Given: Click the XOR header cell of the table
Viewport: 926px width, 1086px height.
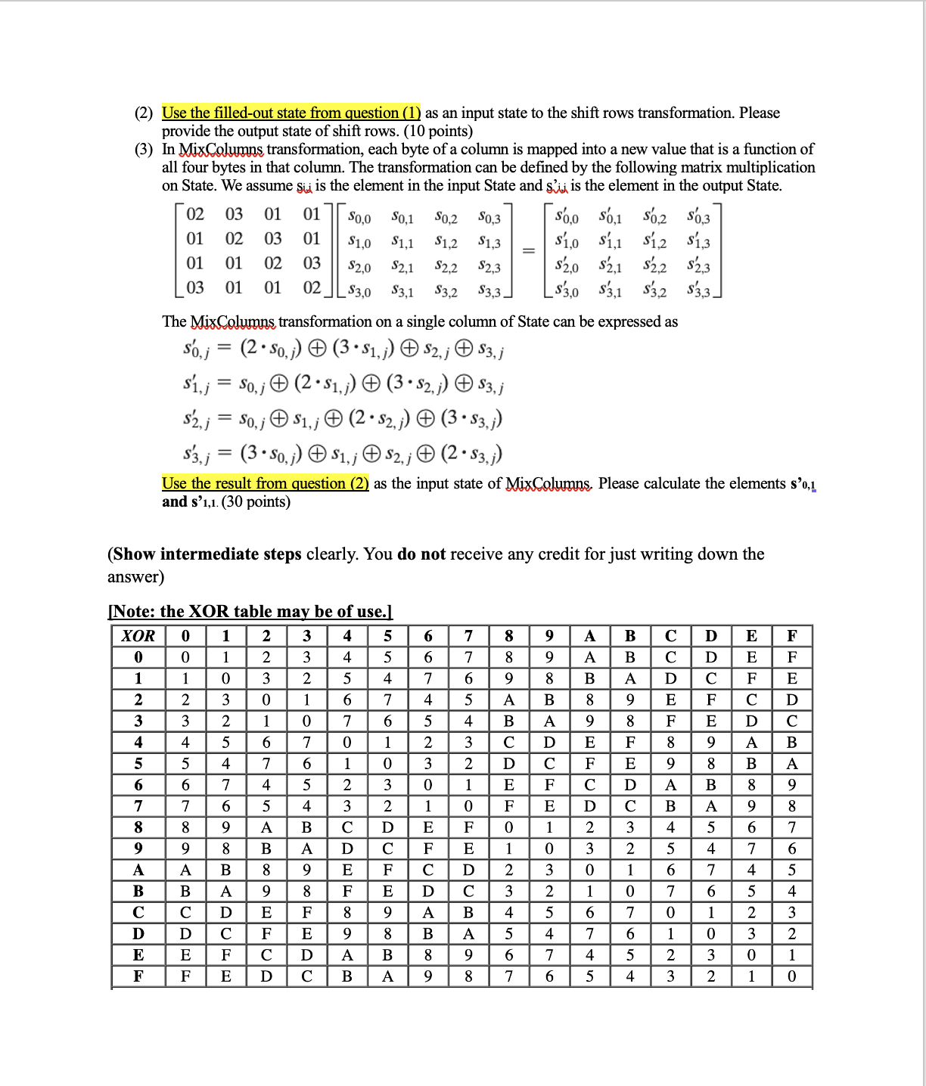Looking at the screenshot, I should [138, 636].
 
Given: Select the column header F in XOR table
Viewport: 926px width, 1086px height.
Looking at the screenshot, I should [791, 636].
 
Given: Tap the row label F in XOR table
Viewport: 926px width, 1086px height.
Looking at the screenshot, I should [138, 976].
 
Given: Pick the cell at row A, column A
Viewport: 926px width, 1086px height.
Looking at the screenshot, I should [589, 870].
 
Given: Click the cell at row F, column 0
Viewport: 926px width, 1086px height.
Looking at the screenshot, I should [185, 976].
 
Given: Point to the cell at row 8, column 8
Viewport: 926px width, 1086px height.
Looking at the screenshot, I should [508, 827].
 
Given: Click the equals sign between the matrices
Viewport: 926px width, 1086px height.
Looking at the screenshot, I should [529, 251].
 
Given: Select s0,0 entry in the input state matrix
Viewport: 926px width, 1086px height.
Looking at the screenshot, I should [359, 219].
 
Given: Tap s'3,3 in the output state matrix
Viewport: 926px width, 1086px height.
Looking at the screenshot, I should [698, 290].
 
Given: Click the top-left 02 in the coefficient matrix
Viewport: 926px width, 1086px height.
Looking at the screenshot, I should [195, 215].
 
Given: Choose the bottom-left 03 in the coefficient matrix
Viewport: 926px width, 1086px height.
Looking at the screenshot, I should [195, 288].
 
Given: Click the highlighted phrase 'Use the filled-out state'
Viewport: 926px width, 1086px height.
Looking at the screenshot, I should [291, 113].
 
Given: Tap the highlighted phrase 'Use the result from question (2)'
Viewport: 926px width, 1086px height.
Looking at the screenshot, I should [266, 483].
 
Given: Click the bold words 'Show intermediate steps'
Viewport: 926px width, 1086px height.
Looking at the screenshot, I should [207, 554].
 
